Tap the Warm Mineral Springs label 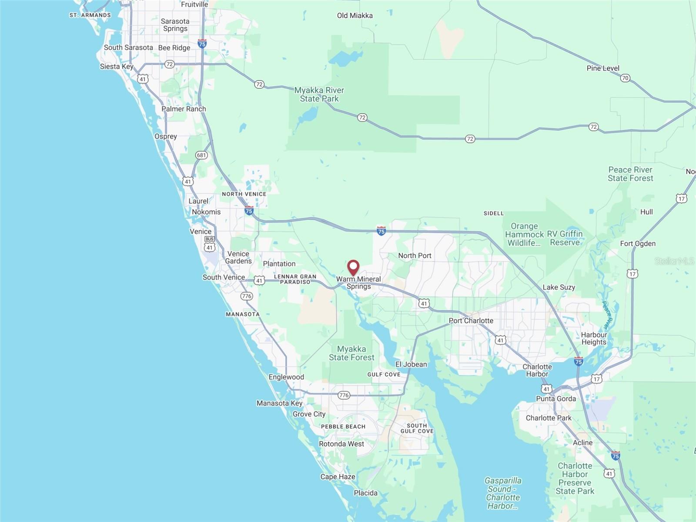[358, 283]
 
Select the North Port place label [415, 256]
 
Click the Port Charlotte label [471, 320]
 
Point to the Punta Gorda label [555, 398]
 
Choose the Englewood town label [286, 377]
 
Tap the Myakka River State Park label [319, 94]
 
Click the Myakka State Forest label [351, 353]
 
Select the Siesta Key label [117, 67]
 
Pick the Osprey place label [166, 136]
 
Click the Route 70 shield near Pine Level [625, 78]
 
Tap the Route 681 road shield [201, 155]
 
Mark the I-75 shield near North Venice [249, 211]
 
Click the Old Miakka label [355, 16]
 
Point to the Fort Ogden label [638, 243]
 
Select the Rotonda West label [341, 444]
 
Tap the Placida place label [365, 493]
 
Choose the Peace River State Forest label [630, 174]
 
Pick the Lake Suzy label [559, 287]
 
